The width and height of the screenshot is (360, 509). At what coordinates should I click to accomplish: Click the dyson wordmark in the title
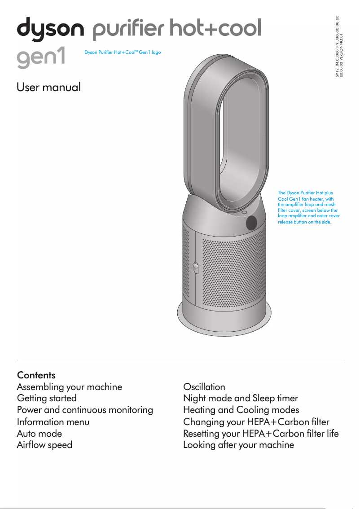pyautogui.click(x=50, y=30)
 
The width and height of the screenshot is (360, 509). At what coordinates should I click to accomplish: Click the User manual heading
pyautogui.click(x=48, y=87)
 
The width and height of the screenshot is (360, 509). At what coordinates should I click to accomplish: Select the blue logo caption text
pyautogui.click(x=123, y=53)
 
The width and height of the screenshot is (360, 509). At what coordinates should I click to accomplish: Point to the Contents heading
pyautogui.click(x=36, y=375)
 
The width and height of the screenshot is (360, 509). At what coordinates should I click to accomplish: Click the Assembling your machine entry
pyautogui.click(x=69, y=386)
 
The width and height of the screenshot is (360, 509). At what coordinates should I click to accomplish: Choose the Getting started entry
pyautogui.click(x=47, y=398)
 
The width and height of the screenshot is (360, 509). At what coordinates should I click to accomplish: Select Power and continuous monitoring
pyautogui.click(x=85, y=410)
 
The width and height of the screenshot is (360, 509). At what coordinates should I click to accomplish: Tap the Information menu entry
pyautogui.click(x=53, y=421)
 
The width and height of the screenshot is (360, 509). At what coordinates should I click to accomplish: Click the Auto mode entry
pyautogui.click(x=40, y=434)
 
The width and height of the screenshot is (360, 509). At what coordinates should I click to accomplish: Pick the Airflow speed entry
pyautogui.click(x=44, y=445)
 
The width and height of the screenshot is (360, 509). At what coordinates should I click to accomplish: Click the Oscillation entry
pyautogui.click(x=204, y=386)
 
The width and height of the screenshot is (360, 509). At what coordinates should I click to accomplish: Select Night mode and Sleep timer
pyautogui.click(x=241, y=398)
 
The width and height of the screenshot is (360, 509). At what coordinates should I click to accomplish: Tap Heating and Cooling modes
pyautogui.click(x=241, y=410)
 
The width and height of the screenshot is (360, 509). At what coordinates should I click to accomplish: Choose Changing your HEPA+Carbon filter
pyautogui.click(x=256, y=421)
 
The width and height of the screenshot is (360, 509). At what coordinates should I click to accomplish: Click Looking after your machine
pyautogui.click(x=239, y=445)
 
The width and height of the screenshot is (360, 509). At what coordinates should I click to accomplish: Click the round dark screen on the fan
pyautogui.click(x=251, y=223)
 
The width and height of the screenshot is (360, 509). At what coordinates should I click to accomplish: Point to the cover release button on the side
pyautogui.click(x=195, y=268)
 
